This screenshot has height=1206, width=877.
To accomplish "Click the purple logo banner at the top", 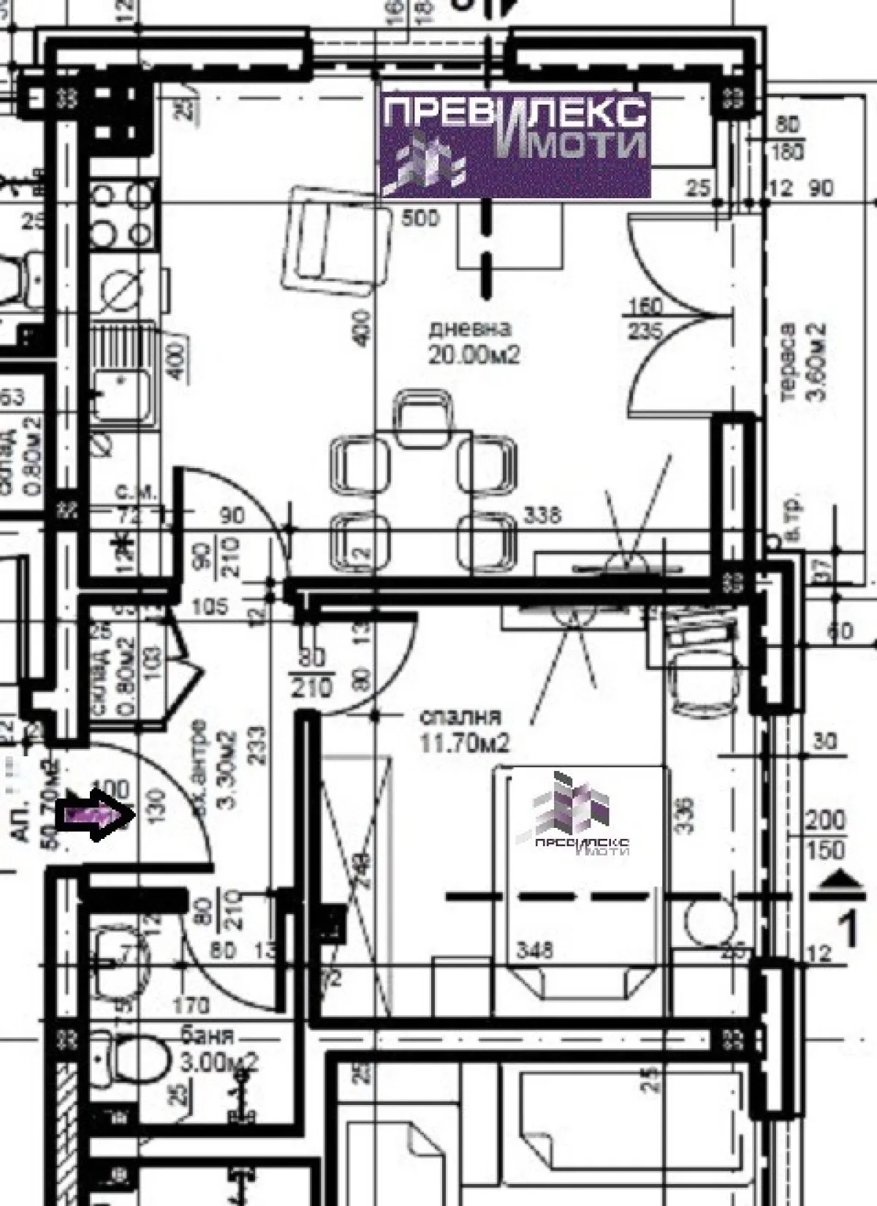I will click(x=515, y=145).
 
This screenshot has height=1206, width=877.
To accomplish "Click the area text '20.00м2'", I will click(x=474, y=355).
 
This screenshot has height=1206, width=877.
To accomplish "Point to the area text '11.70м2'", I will click(x=463, y=743).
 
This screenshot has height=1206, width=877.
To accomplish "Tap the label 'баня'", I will click(x=207, y=1036).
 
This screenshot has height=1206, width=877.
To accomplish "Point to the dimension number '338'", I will click(x=542, y=514).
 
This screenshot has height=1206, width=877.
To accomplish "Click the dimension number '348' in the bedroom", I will click(x=535, y=951).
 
